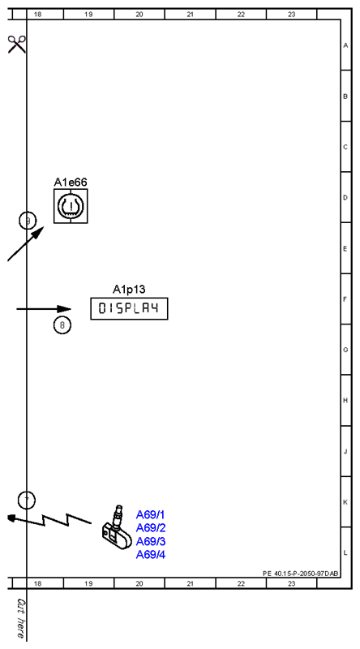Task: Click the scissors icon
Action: tap(16, 45)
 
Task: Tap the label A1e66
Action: tap(71, 182)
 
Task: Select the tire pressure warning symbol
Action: tap(71, 206)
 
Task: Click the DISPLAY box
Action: tap(129, 308)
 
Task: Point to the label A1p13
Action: tap(129, 289)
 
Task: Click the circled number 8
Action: tap(62, 325)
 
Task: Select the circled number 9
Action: tap(28, 221)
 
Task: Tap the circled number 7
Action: tap(27, 501)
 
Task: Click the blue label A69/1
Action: tap(151, 515)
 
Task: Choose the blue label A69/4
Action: tap(151, 555)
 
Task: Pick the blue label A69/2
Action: tap(151, 528)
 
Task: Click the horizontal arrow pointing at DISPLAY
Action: tap(44, 309)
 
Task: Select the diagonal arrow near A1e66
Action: tap(26, 244)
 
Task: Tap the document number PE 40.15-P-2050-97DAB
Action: tap(301, 574)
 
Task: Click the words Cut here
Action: tap(20, 618)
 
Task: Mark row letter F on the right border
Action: tap(345, 299)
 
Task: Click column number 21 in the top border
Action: tap(190, 15)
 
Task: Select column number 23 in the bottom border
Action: tap(292, 583)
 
